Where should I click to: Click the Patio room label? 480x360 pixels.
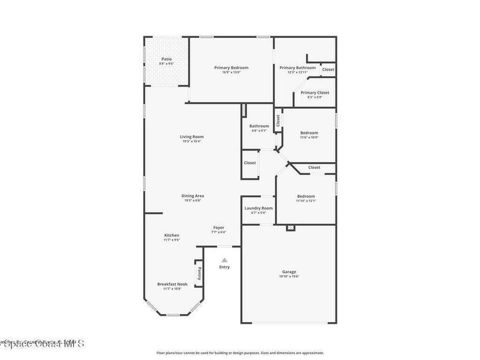coord(166,59)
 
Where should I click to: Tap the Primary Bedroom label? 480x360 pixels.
coord(231,67)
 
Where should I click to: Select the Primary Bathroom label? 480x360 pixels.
coord(298,67)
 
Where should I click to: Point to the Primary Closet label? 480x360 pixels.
coord(315,92)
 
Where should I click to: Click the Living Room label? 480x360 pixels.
coord(192,137)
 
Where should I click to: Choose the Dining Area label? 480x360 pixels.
coord(193,196)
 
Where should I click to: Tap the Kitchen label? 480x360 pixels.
coord(172,235)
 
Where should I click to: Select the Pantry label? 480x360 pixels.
coord(199,273)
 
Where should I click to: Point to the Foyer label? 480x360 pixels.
coord(219,227)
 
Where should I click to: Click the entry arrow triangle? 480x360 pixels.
coord(225,260)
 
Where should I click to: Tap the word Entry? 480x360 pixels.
coord(225,267)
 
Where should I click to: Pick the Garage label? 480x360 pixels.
coord(289,272)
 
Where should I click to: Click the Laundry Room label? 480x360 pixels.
coord(258,208)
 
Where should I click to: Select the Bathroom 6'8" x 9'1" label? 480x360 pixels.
coord(259,126)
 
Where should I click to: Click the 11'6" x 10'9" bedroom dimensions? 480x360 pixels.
coord(309,137)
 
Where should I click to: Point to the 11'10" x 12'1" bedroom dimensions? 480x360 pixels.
coord(306,201)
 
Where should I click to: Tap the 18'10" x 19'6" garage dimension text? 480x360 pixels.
coord(289,277)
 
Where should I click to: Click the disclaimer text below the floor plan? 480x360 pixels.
coord(240,353)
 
